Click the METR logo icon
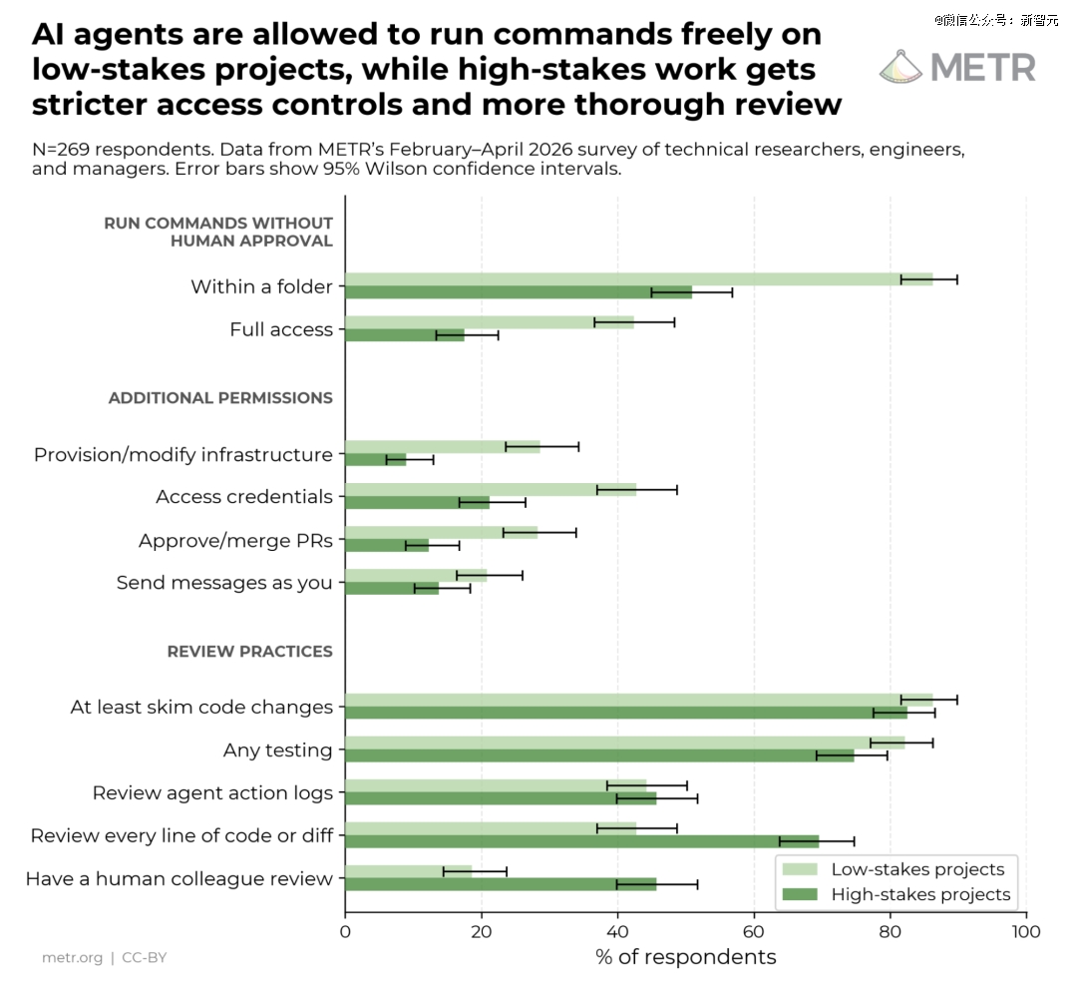(x=900, y=67)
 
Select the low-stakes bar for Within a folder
(x=639, y=279)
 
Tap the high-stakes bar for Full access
(x=405, y=335)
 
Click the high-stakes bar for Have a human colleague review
(x=501, y=884)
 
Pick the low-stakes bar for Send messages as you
(x=416, y=575)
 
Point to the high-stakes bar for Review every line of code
(x=582, y=842)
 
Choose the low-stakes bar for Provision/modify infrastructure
(x=443, y=447)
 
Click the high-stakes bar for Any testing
(x=599, y=755)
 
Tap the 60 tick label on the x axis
(x=754, y=932)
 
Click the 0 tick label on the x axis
(x=345, y=932)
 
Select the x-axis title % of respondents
(x=685, y=957)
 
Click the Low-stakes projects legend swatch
(x=800, y=869)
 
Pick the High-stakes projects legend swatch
(x=800, y=894)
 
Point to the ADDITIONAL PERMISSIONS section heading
(x=220, y=398)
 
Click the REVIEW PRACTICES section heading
(x=250, y=652)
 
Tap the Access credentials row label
(x=244, y=497)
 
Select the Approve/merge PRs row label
(x=235, y=541)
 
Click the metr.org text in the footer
(x=72, y=958)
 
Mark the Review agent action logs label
(x=213, y=793)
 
